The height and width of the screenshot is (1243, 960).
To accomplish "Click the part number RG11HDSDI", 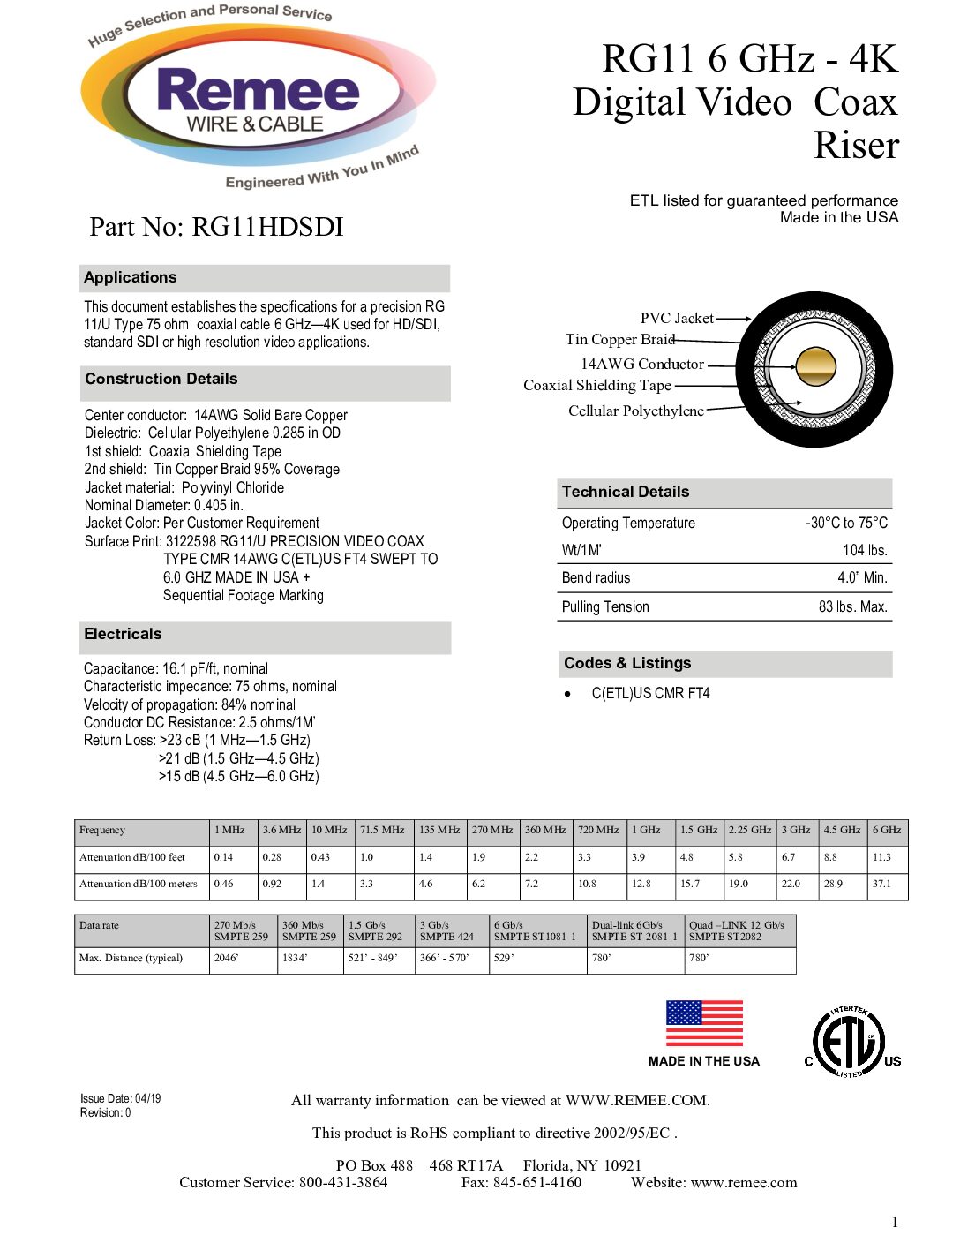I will click(x=215, y=227).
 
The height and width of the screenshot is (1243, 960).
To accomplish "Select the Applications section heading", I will click(x=131, y=277).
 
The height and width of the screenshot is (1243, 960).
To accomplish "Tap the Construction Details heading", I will click(x=161, y=379).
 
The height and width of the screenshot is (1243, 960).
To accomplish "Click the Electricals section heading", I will click(x=123, y=634).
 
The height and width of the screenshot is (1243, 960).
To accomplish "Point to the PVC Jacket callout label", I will click(x=677, y=318).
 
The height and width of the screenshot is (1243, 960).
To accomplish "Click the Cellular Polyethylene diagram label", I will click(x=635, y=411).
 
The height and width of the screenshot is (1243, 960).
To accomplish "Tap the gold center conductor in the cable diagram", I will click(x=815, y=367).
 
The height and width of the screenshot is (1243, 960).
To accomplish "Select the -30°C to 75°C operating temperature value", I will click(x=846, y=523).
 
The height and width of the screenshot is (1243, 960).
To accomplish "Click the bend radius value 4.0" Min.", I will click(x=862, y=577).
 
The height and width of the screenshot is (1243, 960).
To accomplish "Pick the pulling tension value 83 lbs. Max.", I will click(x=852, y=606).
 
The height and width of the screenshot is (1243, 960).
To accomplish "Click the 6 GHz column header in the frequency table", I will click(x=887, y=830).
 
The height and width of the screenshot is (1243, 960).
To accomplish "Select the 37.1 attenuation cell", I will click(x=881, y=883).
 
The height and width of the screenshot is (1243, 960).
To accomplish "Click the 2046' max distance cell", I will click(x=227, y=958).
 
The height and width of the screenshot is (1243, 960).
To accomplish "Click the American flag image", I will click(x=704, y=1023).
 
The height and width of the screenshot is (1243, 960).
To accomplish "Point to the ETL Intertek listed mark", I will click(x=849, y=1042).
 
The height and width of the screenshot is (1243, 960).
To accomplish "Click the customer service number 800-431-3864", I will click(x=343, y=1182).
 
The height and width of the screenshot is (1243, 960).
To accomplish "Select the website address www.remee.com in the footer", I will click(x=744, y=1182).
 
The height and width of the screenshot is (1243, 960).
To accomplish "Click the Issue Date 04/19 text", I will click(x=121, y=1098).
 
